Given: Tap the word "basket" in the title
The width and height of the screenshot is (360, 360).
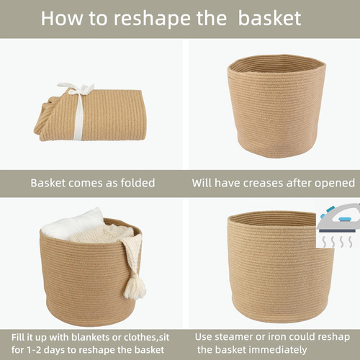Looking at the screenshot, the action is point(269,18).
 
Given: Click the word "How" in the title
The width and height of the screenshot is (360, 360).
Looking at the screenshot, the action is point(62,18).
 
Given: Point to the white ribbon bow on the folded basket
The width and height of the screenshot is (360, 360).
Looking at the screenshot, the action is point(76,89).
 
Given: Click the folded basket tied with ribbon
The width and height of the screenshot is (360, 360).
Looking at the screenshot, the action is point(91,112).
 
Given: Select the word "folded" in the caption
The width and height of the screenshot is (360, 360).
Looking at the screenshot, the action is point(138,183).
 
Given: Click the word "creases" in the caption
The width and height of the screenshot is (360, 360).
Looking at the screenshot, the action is point(263,183).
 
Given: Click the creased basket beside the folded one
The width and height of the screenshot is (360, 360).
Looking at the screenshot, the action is point(276,106).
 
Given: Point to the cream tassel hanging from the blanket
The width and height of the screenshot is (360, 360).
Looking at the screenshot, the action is point(135,287).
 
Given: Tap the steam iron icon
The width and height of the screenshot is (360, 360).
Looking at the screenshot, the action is point(338,218).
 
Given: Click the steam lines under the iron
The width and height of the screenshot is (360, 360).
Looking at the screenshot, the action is point(337,242).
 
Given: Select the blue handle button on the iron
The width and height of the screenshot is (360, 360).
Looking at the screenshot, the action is point(345,219).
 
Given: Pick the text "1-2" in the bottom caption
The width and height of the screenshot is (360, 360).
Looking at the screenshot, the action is point(34,350).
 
